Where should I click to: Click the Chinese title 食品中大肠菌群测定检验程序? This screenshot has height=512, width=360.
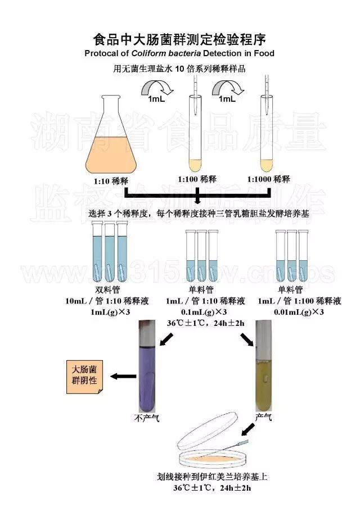(179, 39)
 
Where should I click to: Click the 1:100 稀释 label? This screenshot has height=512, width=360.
(196, 179)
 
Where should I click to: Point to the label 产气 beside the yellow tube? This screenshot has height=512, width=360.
(263, 417)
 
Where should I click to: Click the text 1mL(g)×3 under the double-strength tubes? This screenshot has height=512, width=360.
(106, 312)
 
